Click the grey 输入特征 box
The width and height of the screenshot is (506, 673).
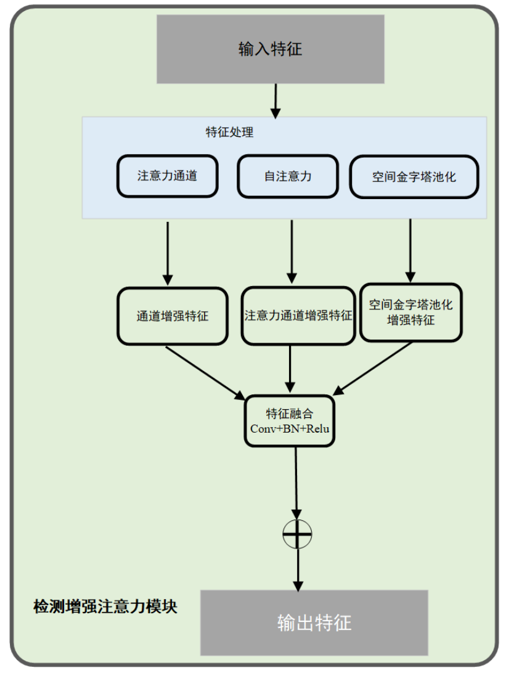pos(270,49)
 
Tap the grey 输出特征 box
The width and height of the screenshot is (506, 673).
pos(314,622)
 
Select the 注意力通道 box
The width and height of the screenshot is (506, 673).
pos(167,176)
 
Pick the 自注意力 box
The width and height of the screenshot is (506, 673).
pos(288,176)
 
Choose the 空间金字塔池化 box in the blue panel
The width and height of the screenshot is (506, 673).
pos(414,177)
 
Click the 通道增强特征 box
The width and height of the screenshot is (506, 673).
pos(172,316)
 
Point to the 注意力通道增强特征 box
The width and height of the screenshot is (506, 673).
pos(298,316)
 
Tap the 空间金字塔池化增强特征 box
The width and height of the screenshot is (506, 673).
pos(410,312)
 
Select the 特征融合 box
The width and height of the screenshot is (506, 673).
pos(290,420)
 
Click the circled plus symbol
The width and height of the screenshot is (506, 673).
pos(297,534)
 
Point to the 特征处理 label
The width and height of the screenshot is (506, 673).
pos(229,132)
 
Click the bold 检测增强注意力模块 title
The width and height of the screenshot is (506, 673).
pos(105,606)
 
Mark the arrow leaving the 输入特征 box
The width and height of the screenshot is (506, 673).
pos(275,100)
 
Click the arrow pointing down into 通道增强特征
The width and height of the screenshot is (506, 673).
pos(167,253)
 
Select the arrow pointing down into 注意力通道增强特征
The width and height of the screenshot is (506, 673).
pos(292,253)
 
